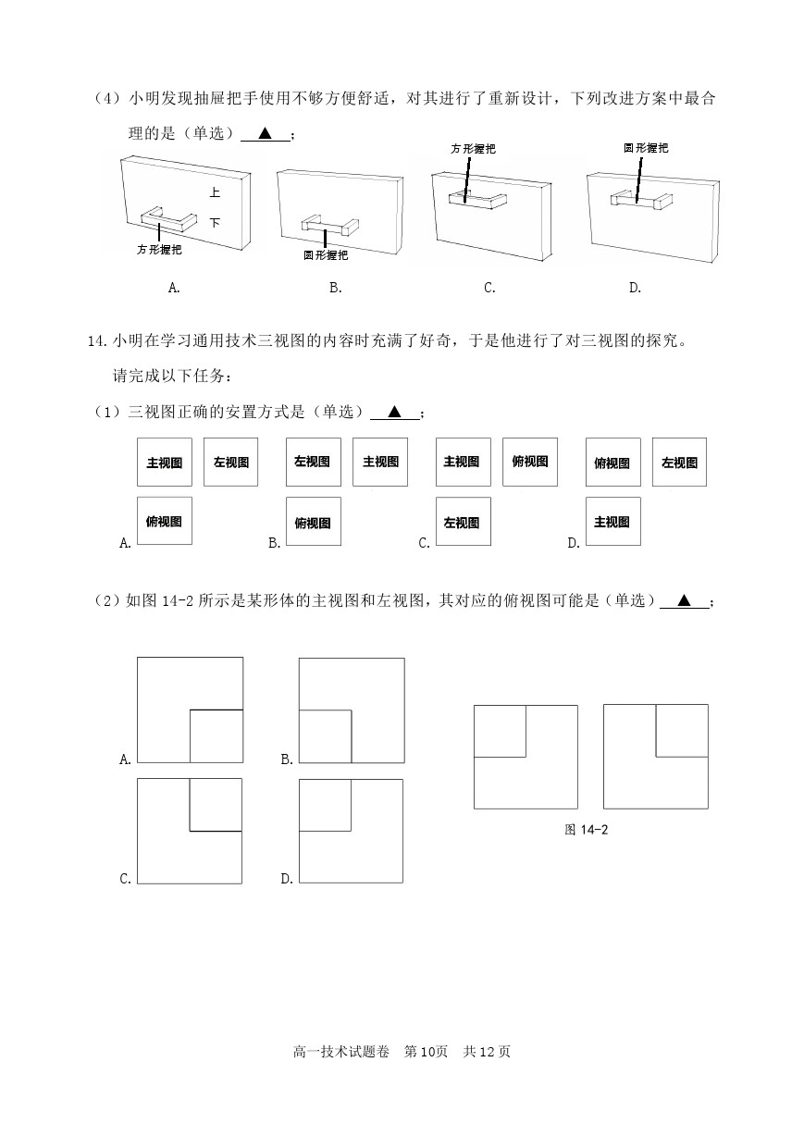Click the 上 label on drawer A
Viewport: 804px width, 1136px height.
[x=215, y=192]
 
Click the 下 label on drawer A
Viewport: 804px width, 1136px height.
[x=215, y=223]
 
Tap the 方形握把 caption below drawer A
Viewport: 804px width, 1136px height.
[x=159, y=250]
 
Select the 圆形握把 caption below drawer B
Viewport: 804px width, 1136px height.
[x=326, y=255]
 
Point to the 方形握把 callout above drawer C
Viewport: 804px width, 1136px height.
[x=473, y=149]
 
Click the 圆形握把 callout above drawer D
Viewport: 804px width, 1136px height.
[x=646, y=148]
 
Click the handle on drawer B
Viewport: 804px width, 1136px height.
[x=330, y=227]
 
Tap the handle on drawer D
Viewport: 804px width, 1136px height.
[x=642, y=201]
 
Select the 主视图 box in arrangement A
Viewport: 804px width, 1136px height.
[x=165, y=462]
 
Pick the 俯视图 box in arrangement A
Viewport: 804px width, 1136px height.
[x=165, y=521]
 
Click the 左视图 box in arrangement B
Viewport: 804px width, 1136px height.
[x=314, y=462]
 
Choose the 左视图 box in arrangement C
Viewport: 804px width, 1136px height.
[x=464, y=522]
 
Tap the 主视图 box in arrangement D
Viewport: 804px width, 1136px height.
[x=612, y=522]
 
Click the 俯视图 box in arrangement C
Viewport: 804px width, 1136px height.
[x=530, y=462]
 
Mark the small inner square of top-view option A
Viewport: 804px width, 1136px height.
[x=216, y=735]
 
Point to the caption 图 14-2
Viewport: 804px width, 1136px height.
[x=586, y=830]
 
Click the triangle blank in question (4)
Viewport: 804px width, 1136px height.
[x=266, y=133]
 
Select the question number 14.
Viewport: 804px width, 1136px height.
[x=97, y=340]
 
